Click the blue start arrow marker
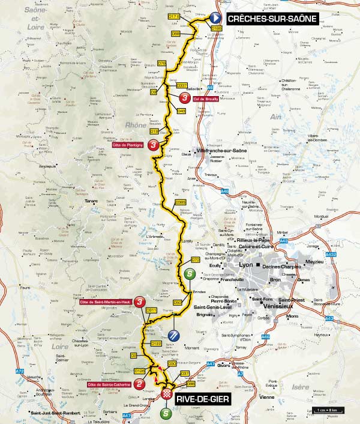coord(214,18)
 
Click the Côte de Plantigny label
coord(127,145)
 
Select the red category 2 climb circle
coord(139,383)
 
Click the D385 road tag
coord(181,203)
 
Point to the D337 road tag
coord(182,85)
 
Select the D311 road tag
coord(151,310)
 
